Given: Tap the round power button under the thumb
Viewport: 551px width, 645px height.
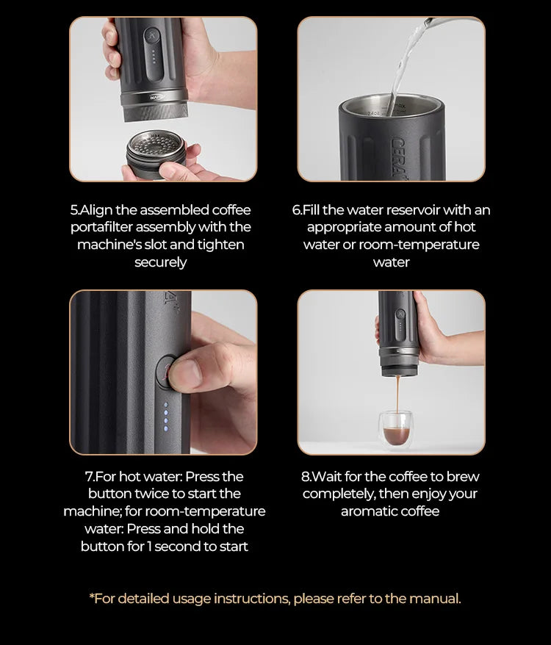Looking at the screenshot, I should click(x=168, y=369).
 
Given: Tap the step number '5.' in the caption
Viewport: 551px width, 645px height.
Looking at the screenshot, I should click(x=75, y=210).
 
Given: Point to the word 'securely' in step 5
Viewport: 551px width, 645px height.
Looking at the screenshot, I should click(x=160, y=262).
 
